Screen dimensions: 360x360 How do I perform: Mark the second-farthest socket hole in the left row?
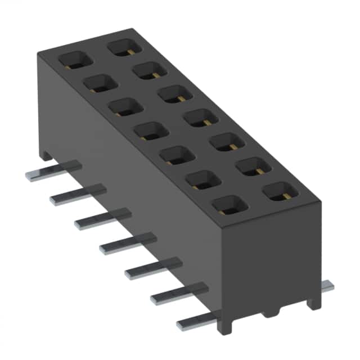100,83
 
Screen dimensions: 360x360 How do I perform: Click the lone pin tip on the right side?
327,287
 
